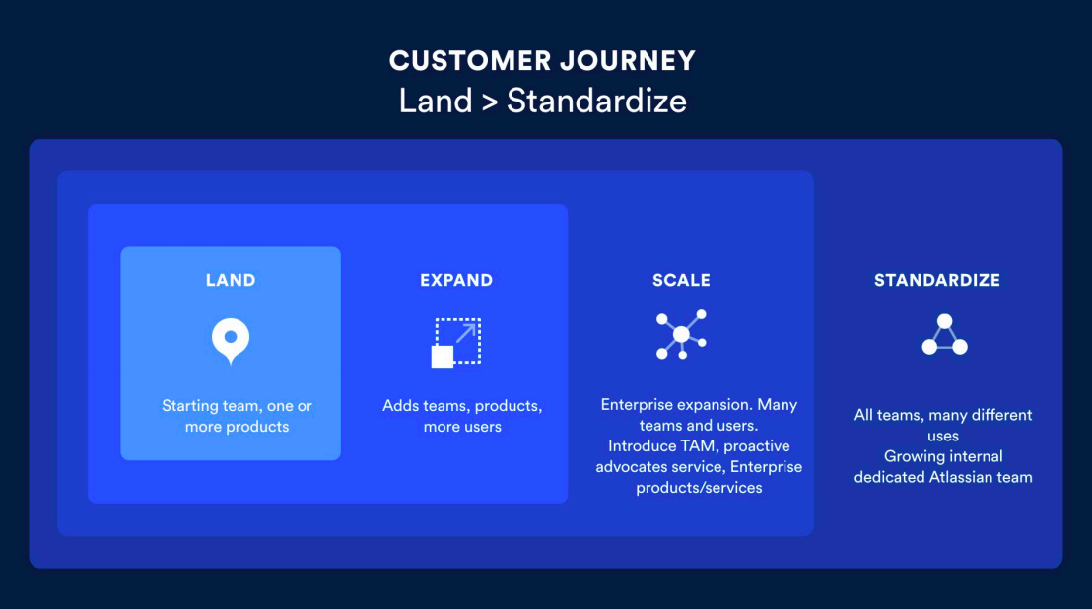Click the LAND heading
point(231,281)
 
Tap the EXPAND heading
point(456,281)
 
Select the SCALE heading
point(681,281)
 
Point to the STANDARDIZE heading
point(936,281)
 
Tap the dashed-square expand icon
point(456,342)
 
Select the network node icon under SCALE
point(681,335)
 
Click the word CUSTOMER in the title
point(469,61)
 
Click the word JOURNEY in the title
point(628,61)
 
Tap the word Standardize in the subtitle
point(596,101)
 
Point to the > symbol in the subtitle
point(490,102)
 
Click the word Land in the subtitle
point(436,101)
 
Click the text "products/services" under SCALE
point(699,488)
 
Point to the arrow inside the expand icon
point(466,333)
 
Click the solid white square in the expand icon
point(443,357)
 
